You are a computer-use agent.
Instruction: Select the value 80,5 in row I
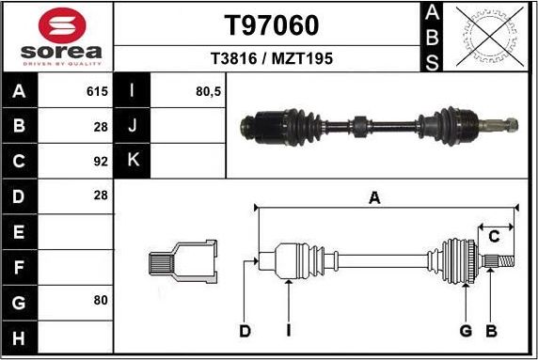(x=206, y=92)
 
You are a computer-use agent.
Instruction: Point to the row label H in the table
(x=20, y=337)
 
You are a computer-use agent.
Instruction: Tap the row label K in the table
(x=133, y=160)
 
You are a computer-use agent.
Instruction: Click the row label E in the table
(x=20, y=231)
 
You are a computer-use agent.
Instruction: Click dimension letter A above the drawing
(x=374, y=197)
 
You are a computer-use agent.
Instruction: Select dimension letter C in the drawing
(x=494, y=236)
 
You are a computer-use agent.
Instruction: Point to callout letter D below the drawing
(x=245, y=330)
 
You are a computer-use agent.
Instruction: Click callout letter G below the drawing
(x=465, y=330)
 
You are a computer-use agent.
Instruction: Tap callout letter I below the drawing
(x=290, y=330)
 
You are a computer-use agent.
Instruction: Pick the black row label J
(x=133, y=125)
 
